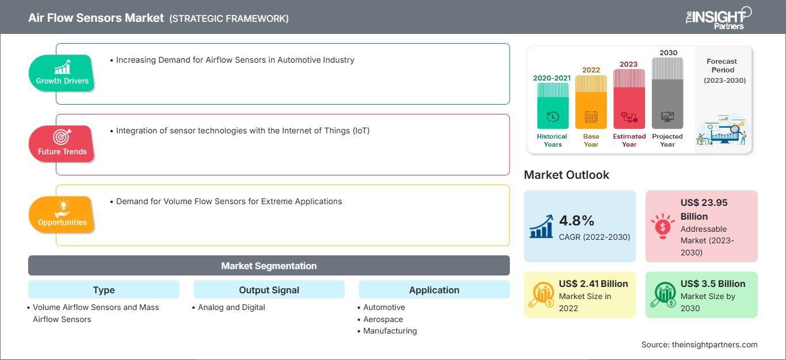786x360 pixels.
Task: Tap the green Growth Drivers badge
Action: [x=62, y=73]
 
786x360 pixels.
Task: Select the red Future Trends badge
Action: [x=62, y=144]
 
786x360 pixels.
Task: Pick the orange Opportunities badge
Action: [x=62, y=215]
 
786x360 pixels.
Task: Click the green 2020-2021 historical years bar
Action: [x=552, y=106]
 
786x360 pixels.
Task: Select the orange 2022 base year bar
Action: [x=591, y=102]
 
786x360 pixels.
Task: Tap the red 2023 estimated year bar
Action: [x=629, y=99]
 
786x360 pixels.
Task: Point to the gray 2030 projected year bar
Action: [x=667, y=93]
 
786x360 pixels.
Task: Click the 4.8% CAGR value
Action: [x=577, y=221]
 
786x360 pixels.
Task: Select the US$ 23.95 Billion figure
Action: [x=704, y=209]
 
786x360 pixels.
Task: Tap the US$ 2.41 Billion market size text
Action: [x=593, y=284]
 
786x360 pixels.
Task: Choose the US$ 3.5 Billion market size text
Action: [x=713, y=284]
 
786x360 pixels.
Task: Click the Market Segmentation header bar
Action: [x=269, y=265]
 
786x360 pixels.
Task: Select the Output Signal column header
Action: [x=269, y=289]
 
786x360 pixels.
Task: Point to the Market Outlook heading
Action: [x=566, y=175]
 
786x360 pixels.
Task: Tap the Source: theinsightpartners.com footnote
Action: [x=699, y=344]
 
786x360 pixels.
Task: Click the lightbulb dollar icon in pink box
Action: [x=662, y=227]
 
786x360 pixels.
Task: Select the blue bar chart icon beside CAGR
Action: [x=541, y=227]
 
